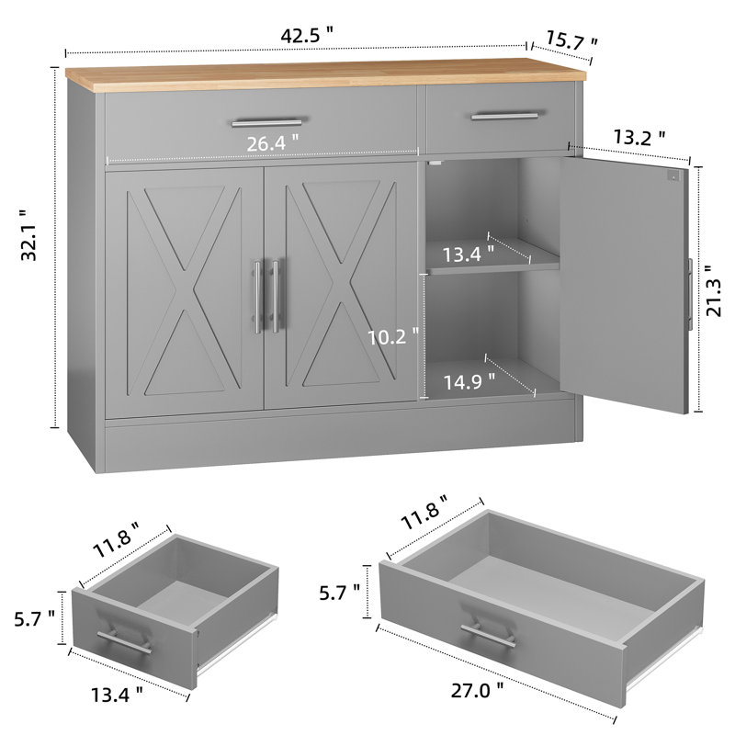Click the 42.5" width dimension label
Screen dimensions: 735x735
(307, 36)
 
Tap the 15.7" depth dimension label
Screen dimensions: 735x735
(571, 41)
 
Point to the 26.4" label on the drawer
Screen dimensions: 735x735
(272, 143)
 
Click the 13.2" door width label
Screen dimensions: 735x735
(639, 137)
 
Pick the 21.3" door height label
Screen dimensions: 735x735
(715, 291)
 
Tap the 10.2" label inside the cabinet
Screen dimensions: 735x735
(393, 336)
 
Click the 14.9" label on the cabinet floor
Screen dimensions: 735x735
(469, 381)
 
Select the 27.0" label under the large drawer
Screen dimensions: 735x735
(477, 690)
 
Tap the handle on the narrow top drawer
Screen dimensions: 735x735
(505, 116)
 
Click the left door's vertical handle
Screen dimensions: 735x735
(258, 297)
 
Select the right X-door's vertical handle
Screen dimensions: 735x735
(275, 296)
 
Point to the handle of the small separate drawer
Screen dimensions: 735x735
(125, 641)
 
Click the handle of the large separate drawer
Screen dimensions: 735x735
(488, 635)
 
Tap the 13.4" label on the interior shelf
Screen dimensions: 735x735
(468, 254)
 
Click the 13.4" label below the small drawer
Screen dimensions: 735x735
(117, 695)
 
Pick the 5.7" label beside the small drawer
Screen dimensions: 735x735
(35, 618)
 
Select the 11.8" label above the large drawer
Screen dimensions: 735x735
(424, 513)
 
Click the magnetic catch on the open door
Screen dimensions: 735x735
(673, 176)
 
